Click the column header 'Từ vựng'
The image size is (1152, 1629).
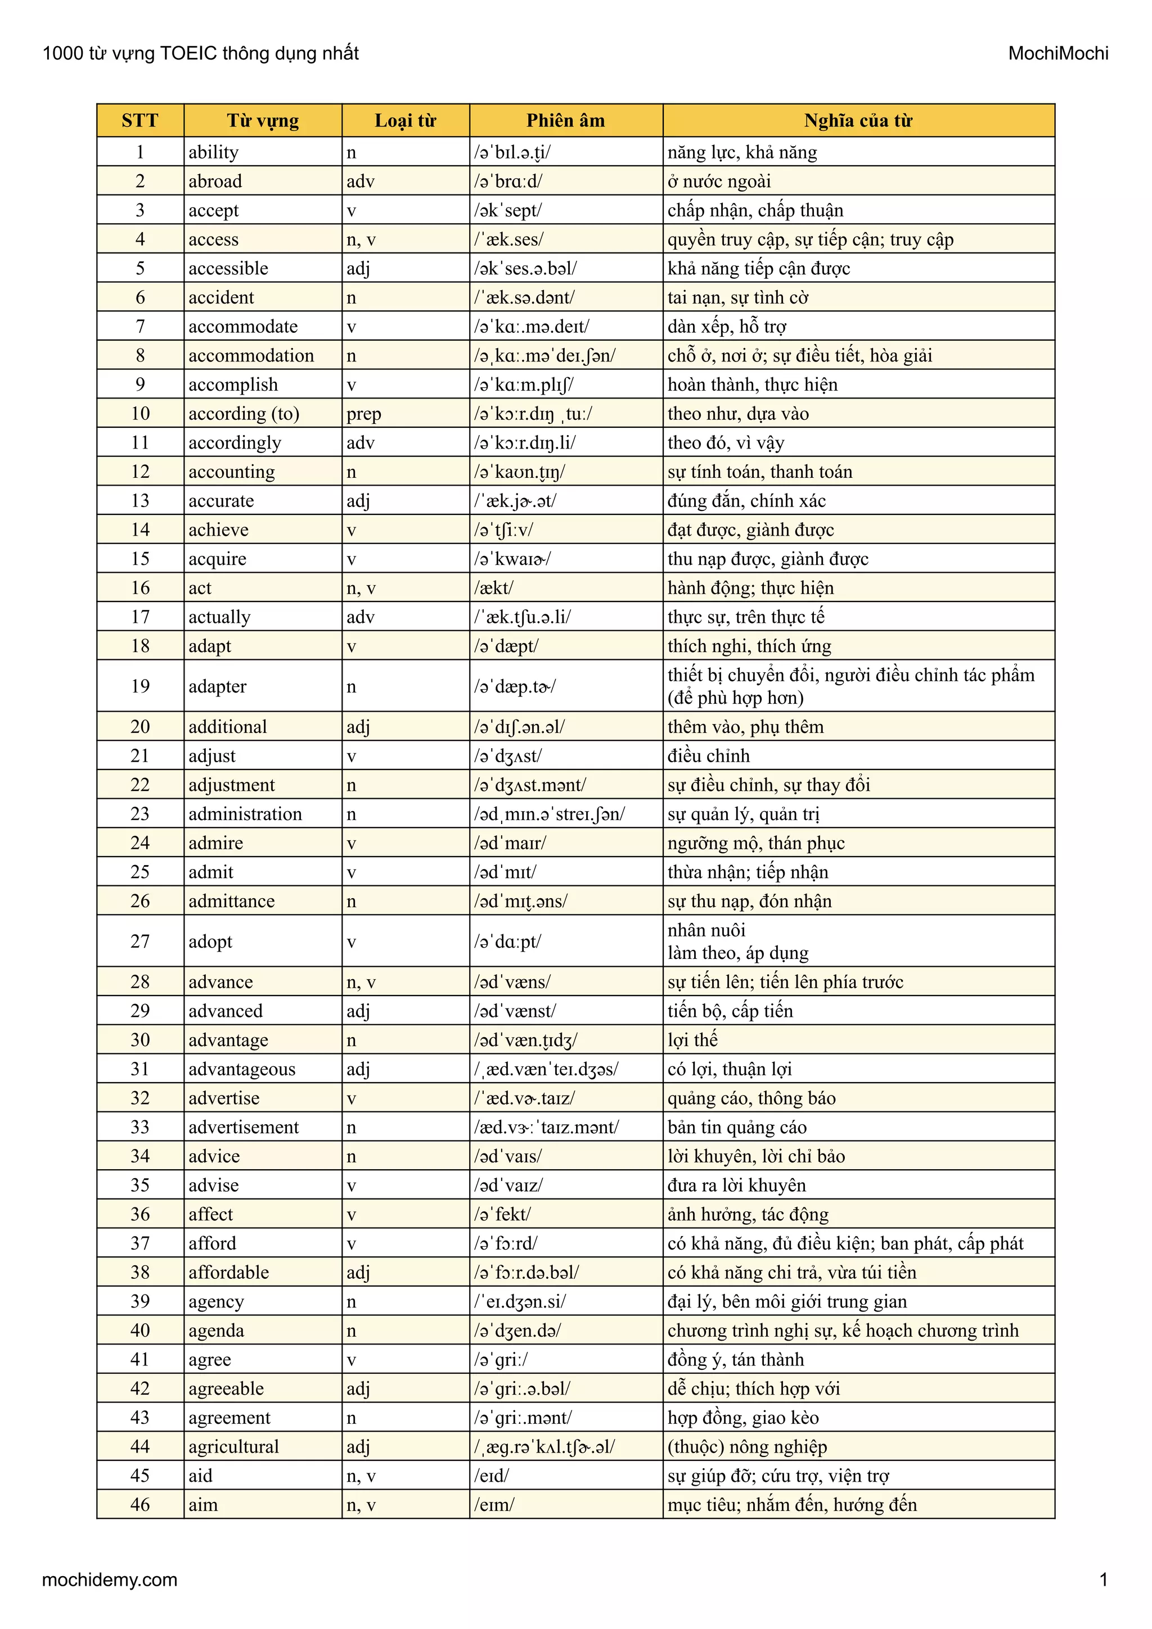(263, 121)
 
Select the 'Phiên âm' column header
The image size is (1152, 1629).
(566, 121)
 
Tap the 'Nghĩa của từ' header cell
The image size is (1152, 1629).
(858, 121)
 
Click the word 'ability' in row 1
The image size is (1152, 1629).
(214, 152)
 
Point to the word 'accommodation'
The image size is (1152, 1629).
(251, 355)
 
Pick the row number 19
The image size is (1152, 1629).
(141, 686)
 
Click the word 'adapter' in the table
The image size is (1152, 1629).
(217, 687)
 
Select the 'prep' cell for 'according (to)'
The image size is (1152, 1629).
(363, 414)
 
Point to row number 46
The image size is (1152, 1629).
(141, 1505)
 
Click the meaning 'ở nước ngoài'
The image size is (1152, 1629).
(719, 182)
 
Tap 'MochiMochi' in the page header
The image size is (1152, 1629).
(1057, 53)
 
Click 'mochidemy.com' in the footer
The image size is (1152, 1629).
(110, 1580)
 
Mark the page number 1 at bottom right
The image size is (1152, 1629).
(1103, 1580)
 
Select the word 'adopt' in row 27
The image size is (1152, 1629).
(210, 942)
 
